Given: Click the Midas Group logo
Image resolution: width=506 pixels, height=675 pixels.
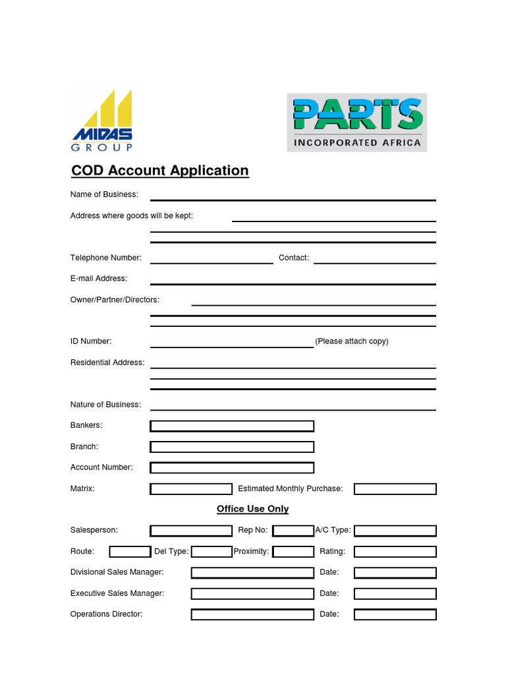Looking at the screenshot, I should coord(102,121).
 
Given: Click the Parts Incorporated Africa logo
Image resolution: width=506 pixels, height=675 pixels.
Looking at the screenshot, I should coord(356,123).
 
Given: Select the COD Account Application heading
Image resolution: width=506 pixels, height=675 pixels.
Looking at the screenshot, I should coord(160,171).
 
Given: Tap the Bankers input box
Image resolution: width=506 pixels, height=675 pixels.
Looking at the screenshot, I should coord(232,426).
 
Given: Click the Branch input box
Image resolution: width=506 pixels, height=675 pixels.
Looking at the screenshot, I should coord(232,447).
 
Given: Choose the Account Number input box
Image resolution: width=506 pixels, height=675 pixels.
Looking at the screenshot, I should coord(232,468).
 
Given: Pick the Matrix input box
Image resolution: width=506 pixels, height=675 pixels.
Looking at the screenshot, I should coord(191,489).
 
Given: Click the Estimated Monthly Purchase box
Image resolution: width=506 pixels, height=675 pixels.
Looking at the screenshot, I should coord(395,489).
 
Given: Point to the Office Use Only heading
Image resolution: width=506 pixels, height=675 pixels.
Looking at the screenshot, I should coord(252,509).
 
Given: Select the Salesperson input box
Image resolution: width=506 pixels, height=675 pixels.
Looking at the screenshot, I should coord(191,531).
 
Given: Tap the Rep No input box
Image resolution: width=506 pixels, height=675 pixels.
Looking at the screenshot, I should coord(293,531).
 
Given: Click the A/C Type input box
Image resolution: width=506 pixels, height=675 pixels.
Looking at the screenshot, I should coord(395,531).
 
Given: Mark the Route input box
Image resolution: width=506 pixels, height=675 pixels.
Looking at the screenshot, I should coord(130,552).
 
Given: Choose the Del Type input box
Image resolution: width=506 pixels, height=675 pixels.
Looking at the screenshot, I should coord(211,552).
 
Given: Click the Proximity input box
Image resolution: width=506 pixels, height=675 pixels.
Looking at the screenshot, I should coord(293,552).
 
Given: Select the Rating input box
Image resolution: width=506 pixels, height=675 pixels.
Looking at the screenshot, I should coord(395,552).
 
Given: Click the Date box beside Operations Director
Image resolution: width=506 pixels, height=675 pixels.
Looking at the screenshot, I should coord(395,614).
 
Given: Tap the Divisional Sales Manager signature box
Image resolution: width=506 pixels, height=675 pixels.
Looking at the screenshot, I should coord(252,573).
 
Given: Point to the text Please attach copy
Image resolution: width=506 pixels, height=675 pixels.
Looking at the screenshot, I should coord(352,341).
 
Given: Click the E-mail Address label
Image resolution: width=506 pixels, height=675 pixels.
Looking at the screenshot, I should coord(99,279).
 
